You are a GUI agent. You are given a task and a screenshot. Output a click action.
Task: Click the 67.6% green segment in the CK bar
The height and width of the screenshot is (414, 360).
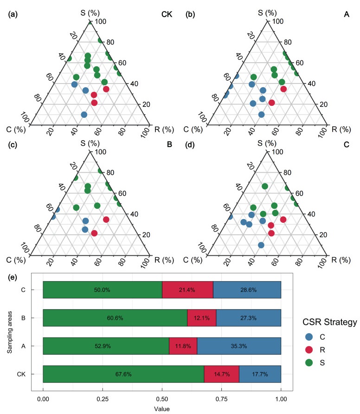click(123, 374)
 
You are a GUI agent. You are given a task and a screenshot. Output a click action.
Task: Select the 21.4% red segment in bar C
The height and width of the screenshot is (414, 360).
click(187, 290)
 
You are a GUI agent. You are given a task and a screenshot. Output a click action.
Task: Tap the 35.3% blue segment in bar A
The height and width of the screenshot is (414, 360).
click(239, 346)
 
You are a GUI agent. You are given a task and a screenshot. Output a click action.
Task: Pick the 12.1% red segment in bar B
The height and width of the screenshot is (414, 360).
click(202, 318)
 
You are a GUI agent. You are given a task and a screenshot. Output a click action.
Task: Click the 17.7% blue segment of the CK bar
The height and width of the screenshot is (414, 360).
click(260, 374)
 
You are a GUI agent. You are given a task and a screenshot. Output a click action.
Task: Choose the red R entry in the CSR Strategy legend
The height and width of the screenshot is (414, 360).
click(315, 350)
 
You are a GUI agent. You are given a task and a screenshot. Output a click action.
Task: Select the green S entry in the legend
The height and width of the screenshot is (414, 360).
click(315, 363)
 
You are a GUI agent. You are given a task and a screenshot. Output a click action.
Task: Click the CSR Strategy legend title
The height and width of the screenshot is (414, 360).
click(330, 322)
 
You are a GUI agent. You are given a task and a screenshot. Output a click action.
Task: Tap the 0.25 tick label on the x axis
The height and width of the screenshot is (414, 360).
click(103, 399)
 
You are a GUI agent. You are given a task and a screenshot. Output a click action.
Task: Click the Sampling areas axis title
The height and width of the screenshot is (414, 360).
click(9, 332)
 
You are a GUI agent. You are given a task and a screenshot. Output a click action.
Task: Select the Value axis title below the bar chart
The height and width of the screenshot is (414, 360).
click(162, 409)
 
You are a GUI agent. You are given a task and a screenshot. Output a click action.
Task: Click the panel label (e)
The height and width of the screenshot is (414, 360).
click(13, 277)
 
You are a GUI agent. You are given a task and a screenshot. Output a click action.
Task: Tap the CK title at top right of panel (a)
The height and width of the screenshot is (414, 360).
click(167, 14)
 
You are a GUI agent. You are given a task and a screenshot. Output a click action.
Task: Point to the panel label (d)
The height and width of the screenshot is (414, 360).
click(190, 145)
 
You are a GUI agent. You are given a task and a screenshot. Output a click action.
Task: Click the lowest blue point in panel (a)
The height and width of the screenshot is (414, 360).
click(84, 115)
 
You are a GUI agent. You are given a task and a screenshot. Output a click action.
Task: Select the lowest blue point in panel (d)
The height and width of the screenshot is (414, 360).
click(261, 245)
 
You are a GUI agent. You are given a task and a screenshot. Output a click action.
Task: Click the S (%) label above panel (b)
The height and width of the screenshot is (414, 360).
click(267, 13)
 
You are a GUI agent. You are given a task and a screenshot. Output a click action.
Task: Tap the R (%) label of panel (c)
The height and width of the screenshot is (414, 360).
click(164, 260)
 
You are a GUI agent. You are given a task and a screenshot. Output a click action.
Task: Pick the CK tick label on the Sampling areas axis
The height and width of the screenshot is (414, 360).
click(21, 374)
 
